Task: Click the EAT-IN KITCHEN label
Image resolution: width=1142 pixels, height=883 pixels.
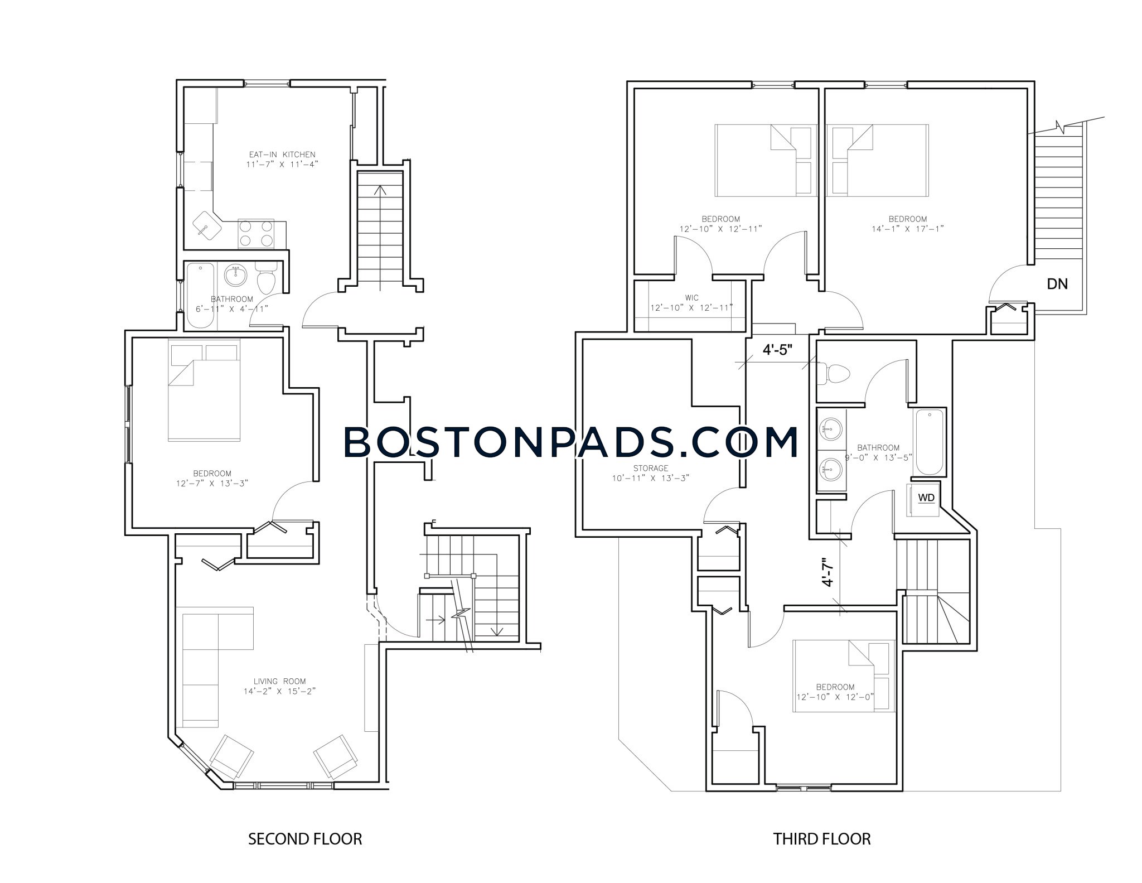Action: tap(282, 155)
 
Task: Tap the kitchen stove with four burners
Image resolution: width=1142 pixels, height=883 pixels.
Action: tap(256, 234)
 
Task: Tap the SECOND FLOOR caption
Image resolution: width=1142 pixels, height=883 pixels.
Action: tap(305, 839)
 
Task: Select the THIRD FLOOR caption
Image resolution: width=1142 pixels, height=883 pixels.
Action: tap(822, 839)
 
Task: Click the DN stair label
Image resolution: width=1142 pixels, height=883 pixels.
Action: tap(1057, 284)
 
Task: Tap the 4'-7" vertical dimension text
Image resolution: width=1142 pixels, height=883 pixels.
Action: tap(828, 572)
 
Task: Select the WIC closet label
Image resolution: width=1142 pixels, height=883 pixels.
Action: tap(691, 298)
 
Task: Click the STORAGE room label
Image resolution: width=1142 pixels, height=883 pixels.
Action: tap(651, 469)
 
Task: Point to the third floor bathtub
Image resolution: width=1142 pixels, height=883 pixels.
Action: tap(928, 442)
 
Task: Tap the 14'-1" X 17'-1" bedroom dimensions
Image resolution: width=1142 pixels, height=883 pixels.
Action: tap(908, 229)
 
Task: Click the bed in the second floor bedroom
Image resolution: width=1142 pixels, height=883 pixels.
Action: tap(205, 398)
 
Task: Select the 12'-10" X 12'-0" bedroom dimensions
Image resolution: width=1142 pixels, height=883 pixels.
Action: tap(835, 697)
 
